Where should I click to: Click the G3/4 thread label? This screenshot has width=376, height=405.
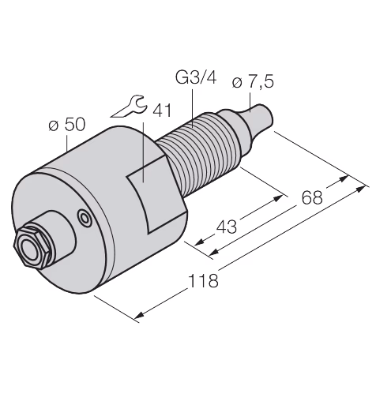(196, 78)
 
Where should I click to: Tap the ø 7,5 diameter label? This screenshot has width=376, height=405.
(253, 81)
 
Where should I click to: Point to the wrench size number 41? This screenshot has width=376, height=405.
(162, 111)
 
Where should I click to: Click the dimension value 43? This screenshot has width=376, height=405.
(227, 227)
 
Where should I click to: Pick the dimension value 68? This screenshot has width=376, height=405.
(312, 197)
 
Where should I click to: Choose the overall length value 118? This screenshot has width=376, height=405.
(204, 280)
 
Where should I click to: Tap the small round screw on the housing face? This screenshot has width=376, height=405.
(85, 218)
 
